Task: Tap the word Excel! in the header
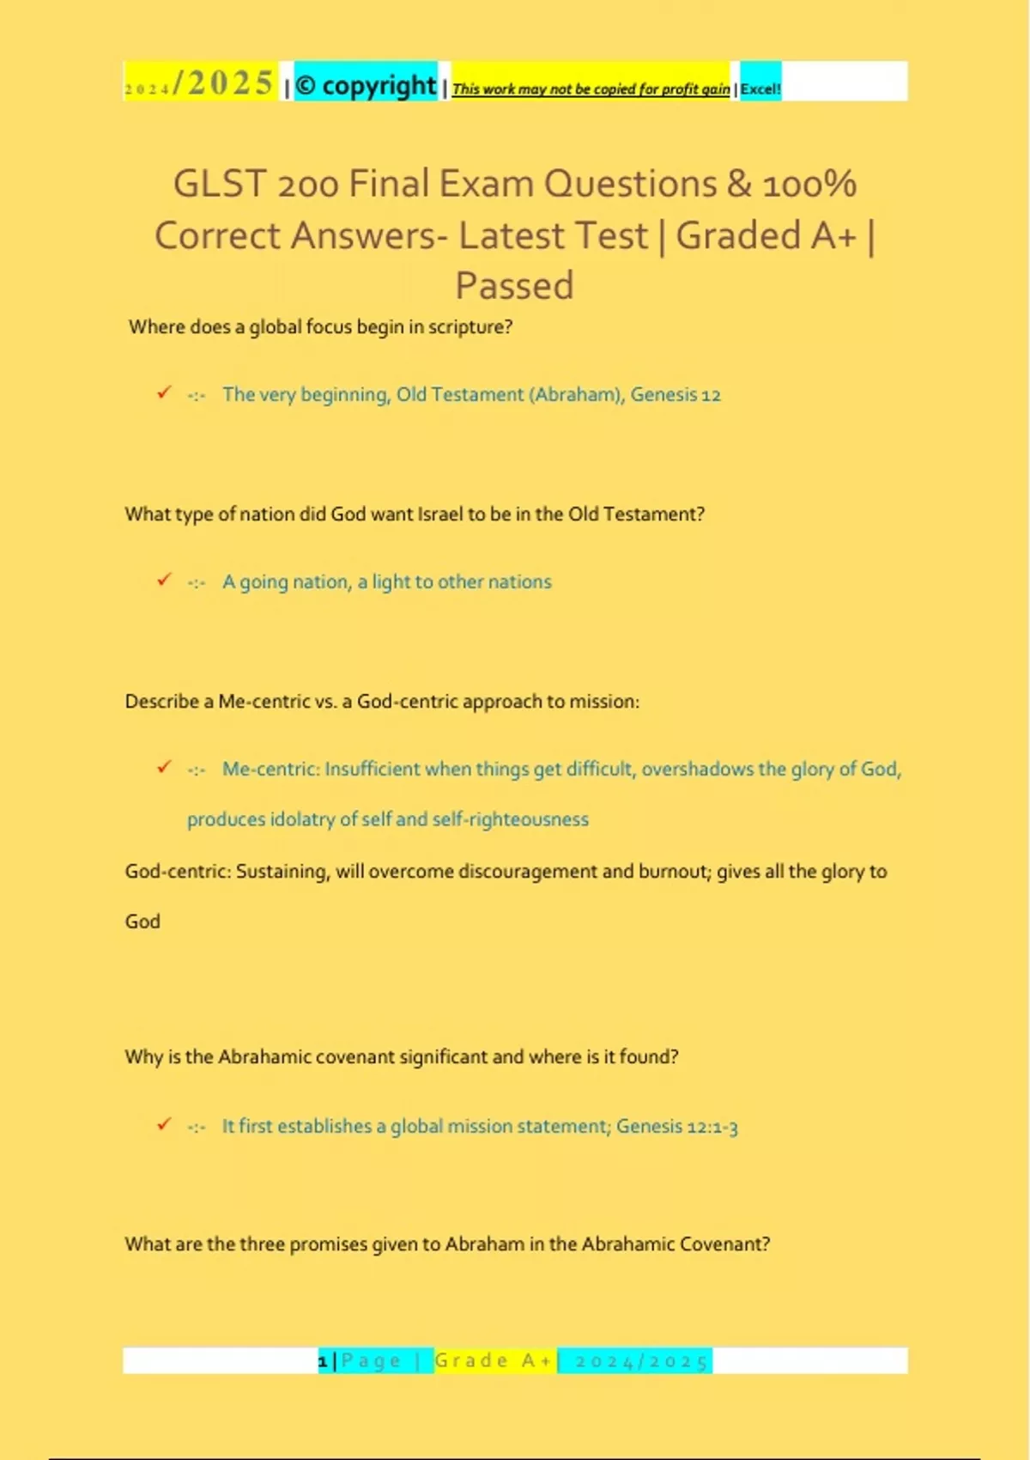click(x=760, y=88)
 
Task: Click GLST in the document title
click(x=217, y=184)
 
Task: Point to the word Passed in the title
click(x=514, y=285)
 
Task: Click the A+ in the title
click(x=833, y=235)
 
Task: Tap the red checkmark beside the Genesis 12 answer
click(x=164, y=392)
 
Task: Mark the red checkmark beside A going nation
click(x=164, y=580)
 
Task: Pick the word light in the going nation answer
click(x=391, y=582)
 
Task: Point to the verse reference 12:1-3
click(x=712, y=1126)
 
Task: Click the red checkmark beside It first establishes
click(x=164, y=1124)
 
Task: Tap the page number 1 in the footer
click(x=323, y=1361)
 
